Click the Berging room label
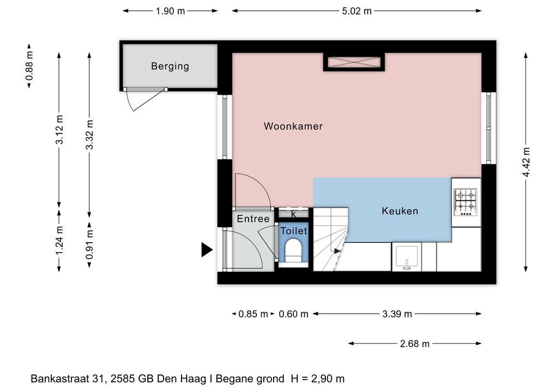click(x=170, y=66)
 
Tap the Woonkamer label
click(x=293, y=126)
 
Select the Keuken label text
click(x=400, y=211)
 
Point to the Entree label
click(x=253, y=219)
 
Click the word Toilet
click(x=294, y=231)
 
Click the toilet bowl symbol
click(x=293, y=250)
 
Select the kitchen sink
click(x=407, y=257)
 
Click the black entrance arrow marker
click(x=207, y=249)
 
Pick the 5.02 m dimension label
click(x=357, y=11)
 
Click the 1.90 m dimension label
click(x=170, y=11)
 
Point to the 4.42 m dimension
click(x=526, y=162)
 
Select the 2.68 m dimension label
click(x=414, y=344)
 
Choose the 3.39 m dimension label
click(x=397, y=314)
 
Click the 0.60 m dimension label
click(x=293, y=314)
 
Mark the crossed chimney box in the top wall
click(x=354, y=62)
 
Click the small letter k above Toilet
click(x=293, y=214)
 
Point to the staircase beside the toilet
click(x=330, y=240)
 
